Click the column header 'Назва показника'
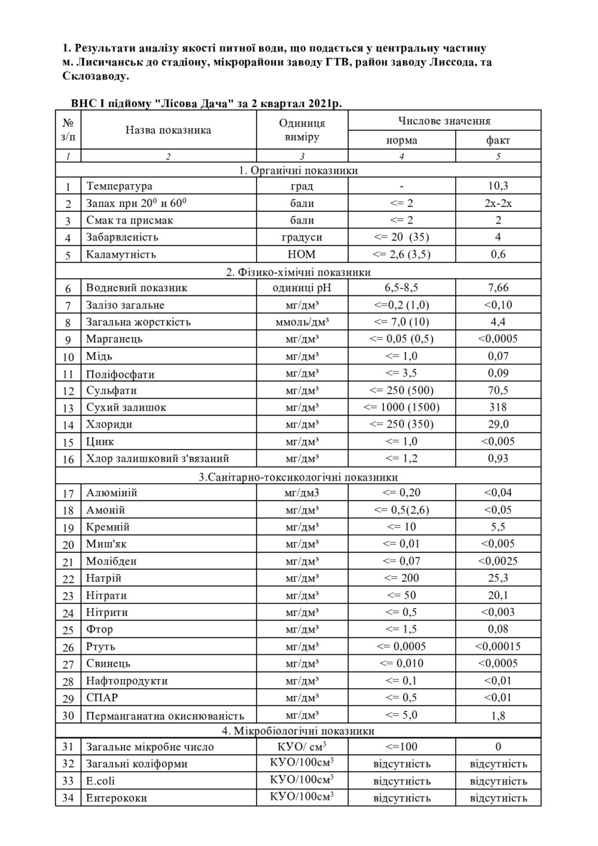pos(168,130)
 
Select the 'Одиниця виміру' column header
pos(302,130)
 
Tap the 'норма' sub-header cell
pos(401,141)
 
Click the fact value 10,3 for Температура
pos(498,186)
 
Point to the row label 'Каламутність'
pos(121,254)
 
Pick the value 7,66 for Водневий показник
pos(498,288)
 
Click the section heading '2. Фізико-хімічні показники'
pos(298,272)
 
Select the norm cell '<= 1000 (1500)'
pos(401,407)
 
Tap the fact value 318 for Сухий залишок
pos(498,407)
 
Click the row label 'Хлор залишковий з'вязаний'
pos(157,459)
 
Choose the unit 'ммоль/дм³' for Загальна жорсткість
pos(302,322)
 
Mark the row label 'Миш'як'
pos(106,544)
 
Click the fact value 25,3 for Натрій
pos(498,578)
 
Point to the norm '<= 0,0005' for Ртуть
pos(401,646)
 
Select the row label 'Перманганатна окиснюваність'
pos(165,716)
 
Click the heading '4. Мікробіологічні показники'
pos(298,731)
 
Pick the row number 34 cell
pos(68,798)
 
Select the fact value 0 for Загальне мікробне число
pos(498,746)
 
